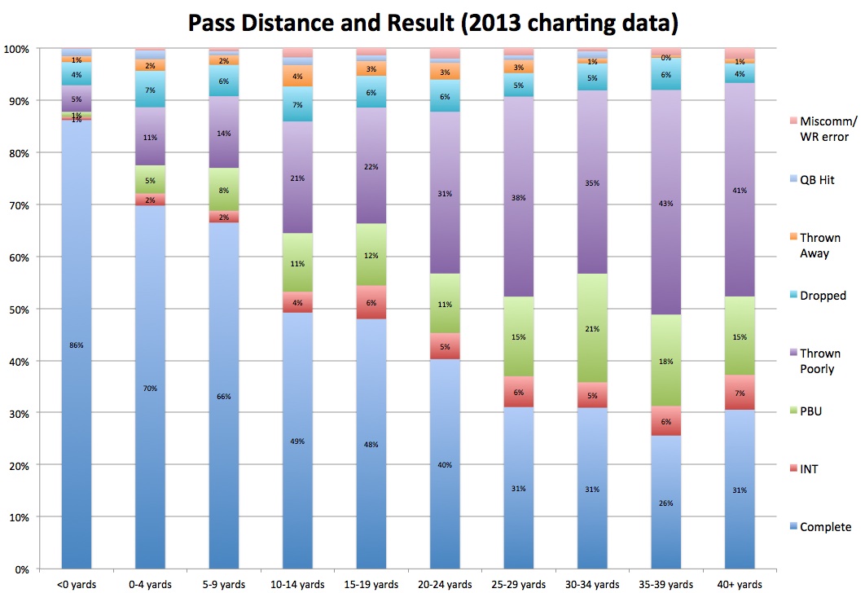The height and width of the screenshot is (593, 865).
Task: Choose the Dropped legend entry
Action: click(823, 296)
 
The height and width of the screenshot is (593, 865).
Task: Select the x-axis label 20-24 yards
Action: click(445, 584)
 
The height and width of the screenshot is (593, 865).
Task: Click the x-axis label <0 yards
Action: click(77, 584)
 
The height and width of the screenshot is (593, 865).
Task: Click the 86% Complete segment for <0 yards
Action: click(77, 345)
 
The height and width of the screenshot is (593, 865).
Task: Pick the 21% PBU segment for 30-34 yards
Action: click(592, 328)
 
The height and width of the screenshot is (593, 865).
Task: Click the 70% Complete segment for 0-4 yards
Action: click(150, 388)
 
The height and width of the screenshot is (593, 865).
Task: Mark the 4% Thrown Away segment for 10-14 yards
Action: click(297, 76)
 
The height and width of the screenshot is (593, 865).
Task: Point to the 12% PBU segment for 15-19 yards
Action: click(371, 255)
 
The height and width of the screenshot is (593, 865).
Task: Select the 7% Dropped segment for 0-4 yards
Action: click(150, 90)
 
